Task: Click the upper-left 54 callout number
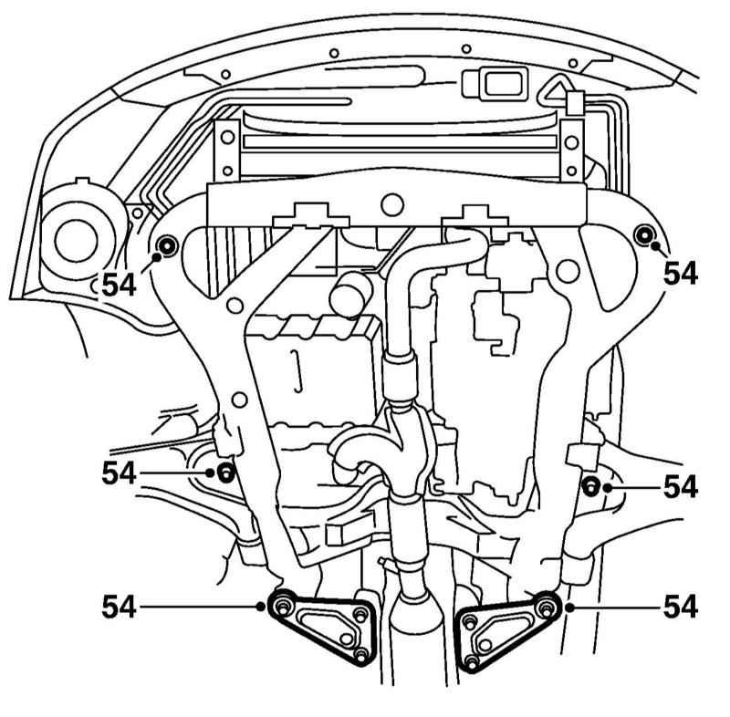coord(120,285)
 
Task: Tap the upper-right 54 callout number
coord(681,273)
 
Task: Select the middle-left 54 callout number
coord(120,473)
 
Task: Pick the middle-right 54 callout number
coord(681,487)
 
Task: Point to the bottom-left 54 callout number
coord(120,607)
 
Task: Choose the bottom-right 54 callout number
coord(681,607)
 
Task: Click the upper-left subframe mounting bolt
coord(167,245)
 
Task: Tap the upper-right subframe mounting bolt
coord(645,235)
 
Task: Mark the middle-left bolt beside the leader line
coord(226,473)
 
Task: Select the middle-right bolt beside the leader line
coord(590,487)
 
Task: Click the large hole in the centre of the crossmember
coord(392,204)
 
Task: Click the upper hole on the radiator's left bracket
coord(227,137)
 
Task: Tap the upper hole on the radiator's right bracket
coord(571,142)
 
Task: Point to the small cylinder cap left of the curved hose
coord(351,296)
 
